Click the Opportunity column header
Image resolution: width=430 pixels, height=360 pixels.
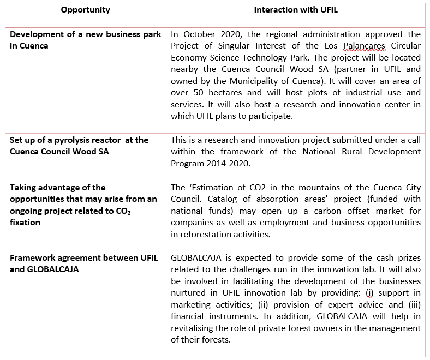(x=85, y=10)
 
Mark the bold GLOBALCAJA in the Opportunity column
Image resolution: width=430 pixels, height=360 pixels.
(x=52, y=269)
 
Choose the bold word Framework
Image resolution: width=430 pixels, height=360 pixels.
(x=33, y=258)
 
